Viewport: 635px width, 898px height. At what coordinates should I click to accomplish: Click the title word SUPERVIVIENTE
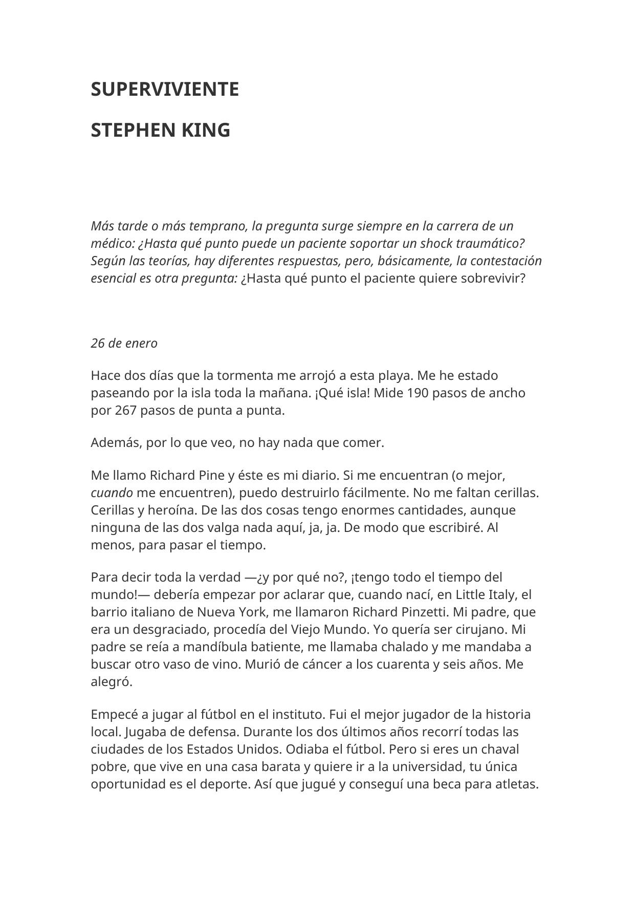point(165,89)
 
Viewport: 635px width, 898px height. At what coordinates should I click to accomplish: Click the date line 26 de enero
point(124,343)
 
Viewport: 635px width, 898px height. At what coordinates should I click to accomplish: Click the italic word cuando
point(112,493)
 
